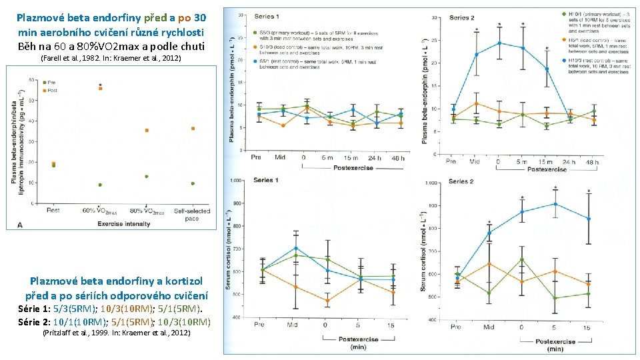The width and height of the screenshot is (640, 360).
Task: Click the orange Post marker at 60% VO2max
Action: pyautogui.click(x=100, y=88)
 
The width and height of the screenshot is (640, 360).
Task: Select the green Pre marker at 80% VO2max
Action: pyautogui.click(x=146, y=177)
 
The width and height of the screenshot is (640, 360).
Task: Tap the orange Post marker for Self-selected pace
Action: pyautogui.click(x=193, y=128)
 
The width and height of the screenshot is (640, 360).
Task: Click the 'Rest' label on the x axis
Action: pyautogui.click(x=53, y=211)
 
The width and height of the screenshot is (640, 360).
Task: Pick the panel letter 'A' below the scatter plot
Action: pyautogui.click(x=19, y=225)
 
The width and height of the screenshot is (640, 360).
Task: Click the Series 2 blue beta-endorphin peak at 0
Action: pyautogui.click(x=499, y=43)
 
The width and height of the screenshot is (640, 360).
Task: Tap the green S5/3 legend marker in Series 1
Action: pyautogui.click(x=255, y=32)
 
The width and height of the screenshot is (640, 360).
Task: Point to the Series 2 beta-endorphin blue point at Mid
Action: pyautogui.click(x=476, y=55)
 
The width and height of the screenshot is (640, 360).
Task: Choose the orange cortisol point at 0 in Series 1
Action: pyautogui.click(x=326, y=301)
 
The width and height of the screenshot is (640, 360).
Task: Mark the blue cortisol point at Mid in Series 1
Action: pyautogui.click(x=295, y=248)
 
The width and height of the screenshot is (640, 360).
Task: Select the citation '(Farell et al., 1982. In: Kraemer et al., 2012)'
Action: pyautogui.click(x=111, y=59)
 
